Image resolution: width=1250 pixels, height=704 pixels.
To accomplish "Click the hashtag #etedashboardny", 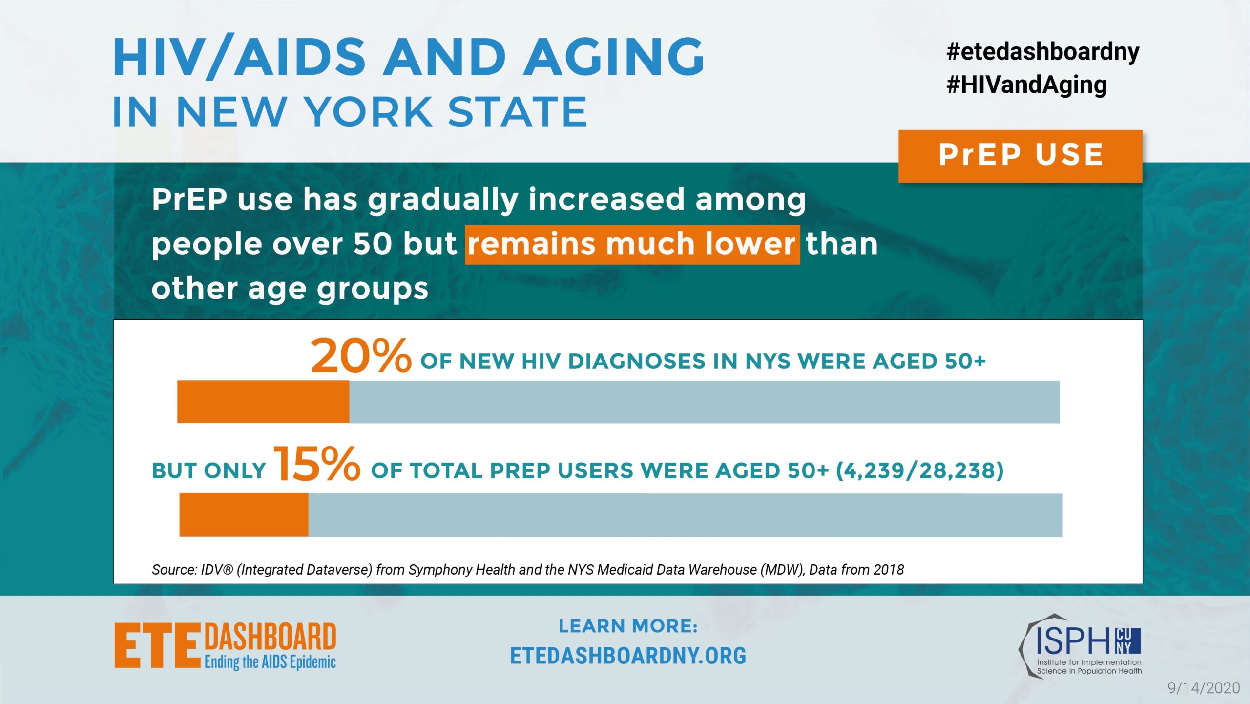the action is (1043, 52).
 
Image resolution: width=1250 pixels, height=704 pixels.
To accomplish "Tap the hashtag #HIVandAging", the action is (1026, 85).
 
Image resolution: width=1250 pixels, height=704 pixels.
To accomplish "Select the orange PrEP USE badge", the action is (1020, 156).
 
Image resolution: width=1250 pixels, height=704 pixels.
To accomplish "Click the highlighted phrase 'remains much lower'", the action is (632, 245).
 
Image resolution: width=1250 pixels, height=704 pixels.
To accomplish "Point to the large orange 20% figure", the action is (361, 356).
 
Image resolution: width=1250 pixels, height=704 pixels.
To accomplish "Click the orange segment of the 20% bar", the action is (263, 402).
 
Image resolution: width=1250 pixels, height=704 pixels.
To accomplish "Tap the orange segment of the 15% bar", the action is (244, 515).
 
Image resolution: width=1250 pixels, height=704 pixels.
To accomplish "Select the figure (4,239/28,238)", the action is (920, 470).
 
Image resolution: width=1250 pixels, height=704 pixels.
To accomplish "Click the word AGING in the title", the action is (614, 57).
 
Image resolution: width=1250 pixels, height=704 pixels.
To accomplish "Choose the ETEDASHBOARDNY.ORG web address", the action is (628, 656).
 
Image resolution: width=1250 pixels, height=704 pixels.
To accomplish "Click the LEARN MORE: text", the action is (628, 626).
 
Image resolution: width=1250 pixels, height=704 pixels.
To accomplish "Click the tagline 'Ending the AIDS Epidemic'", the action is (270, 662).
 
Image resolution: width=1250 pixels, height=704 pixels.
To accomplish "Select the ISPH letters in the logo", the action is (1075, 641).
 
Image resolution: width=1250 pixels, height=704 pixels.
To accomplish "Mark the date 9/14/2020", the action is (1204, 688).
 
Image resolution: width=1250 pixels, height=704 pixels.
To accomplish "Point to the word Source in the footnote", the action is (173, 570).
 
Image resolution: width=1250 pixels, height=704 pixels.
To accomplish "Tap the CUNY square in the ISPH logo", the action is (1128, 641).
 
